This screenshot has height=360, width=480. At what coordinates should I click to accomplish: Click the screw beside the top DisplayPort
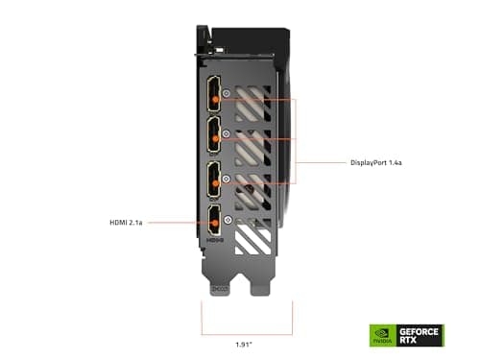pyautogui.click(x=228, y=96)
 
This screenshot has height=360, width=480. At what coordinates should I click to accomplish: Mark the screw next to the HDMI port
pyautogui.click(x=228, y=221)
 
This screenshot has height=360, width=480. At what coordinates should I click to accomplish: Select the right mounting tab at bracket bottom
pyautogui.click(x=261, y=286)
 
